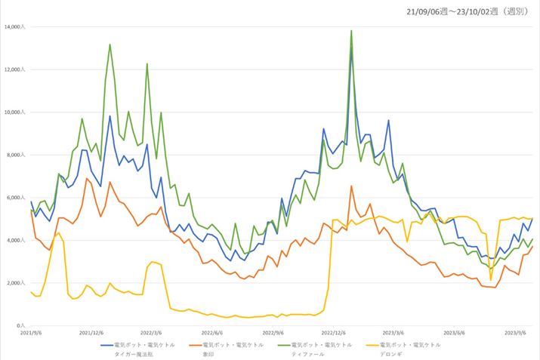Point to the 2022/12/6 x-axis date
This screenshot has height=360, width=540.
334,333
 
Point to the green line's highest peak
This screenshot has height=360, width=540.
351,31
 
